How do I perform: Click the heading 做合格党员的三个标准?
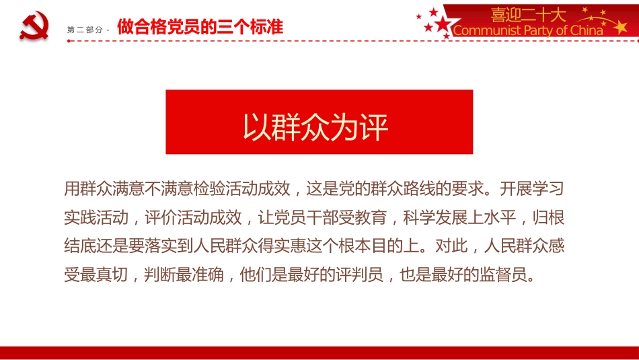click(200, 27)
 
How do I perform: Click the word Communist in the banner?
click(487, 30)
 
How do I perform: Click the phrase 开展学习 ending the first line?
click(531, 188)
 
